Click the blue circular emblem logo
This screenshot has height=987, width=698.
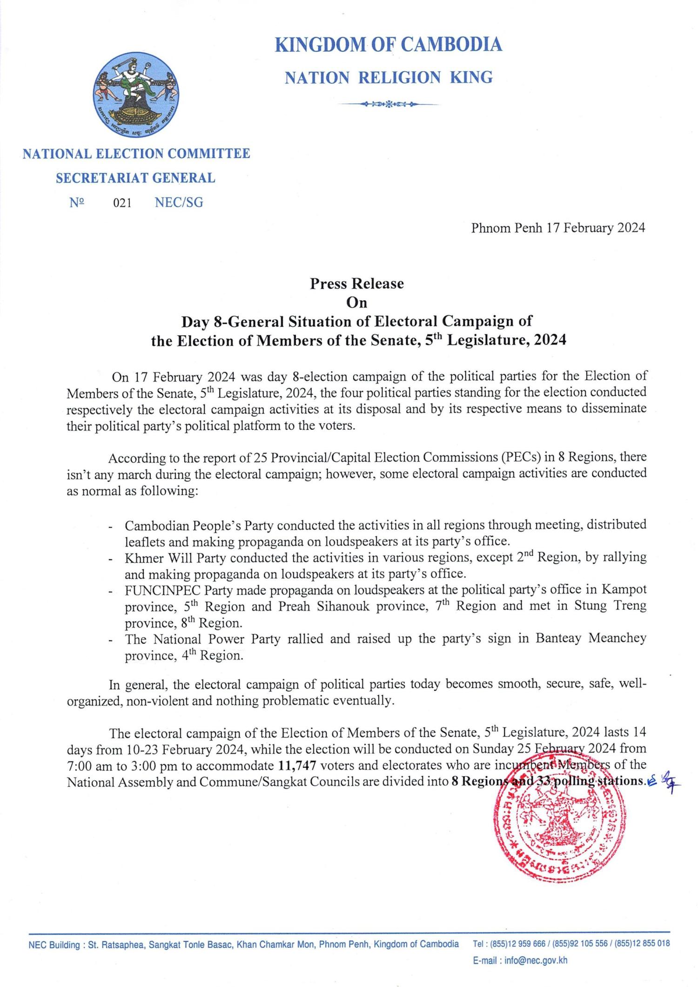(137, 93)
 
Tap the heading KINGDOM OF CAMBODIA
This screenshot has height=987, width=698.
(389, 45)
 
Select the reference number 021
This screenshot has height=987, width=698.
(122, 203)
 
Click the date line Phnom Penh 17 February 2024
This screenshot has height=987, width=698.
(558, 228)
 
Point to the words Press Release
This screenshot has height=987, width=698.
(357, 284)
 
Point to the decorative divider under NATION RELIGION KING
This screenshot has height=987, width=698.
(388, 104)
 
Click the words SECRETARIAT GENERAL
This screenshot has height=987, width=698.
(135, 178)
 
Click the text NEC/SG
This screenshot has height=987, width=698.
(179, 203)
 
